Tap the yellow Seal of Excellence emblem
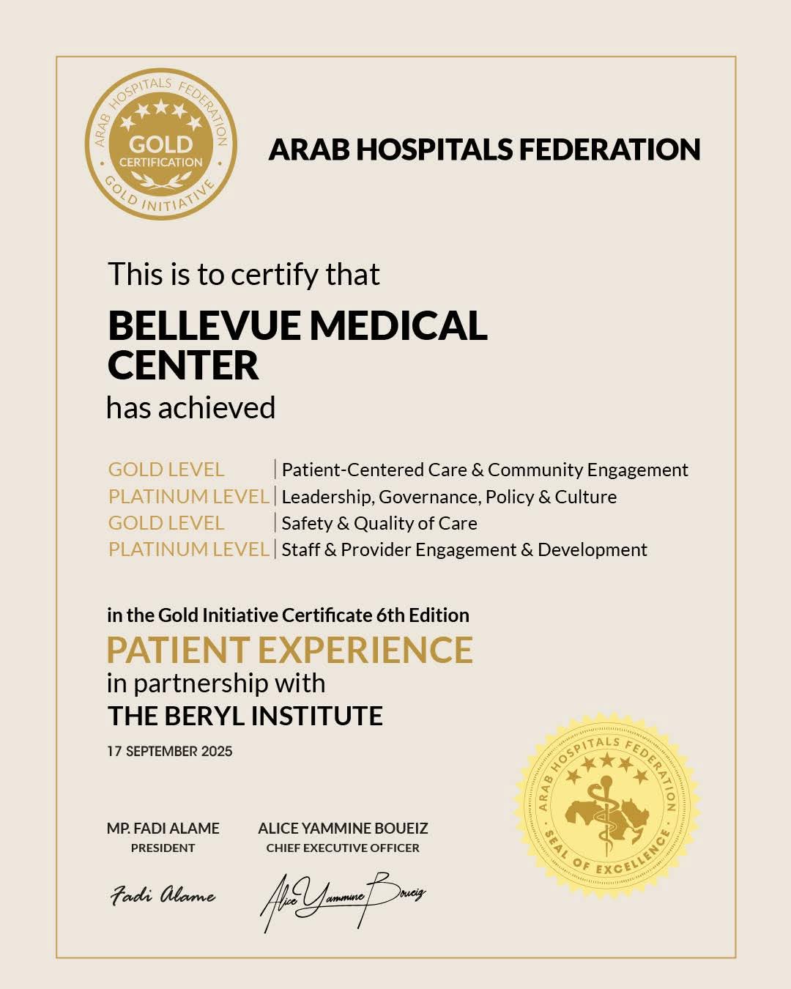pos(607,806)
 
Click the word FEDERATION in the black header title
pos(609,149)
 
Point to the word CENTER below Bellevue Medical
pos(183,366)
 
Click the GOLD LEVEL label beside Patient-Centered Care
pos(166,470)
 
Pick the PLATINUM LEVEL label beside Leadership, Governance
pos(189,497)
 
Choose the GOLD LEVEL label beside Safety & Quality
pos(166,523)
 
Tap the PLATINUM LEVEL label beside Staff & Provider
pos(189,549)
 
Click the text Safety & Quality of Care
pos(379,523)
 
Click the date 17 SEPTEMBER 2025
pos(170,752)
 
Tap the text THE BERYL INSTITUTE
pos(245,716)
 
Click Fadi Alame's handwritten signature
pos(163,895)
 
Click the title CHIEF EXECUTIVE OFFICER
pos(343,848)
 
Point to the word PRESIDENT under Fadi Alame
pos(163,848)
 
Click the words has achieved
pos(191,408)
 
